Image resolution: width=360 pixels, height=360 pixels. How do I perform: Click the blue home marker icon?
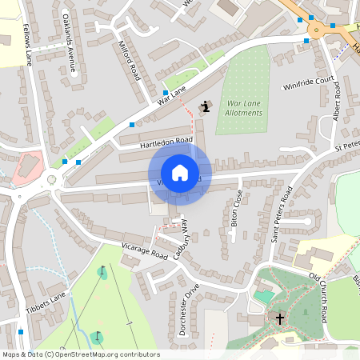click(180, 173)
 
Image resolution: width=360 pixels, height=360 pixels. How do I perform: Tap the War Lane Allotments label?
click(244, 108)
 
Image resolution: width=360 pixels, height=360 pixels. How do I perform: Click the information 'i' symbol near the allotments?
click(206, 106)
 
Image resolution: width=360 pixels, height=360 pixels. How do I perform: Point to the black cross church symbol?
click(280, 318)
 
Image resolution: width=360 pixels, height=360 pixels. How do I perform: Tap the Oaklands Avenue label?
click(71, 49)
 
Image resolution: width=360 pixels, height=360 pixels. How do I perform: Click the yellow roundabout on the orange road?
click(317, 30)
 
